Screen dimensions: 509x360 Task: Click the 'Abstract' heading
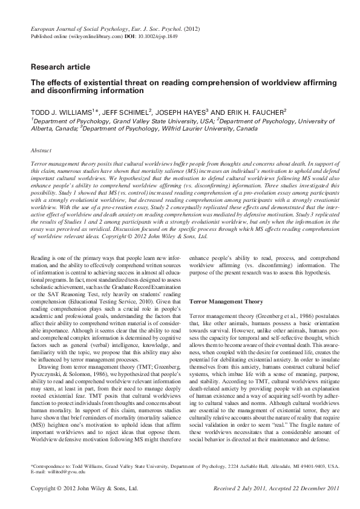41,150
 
